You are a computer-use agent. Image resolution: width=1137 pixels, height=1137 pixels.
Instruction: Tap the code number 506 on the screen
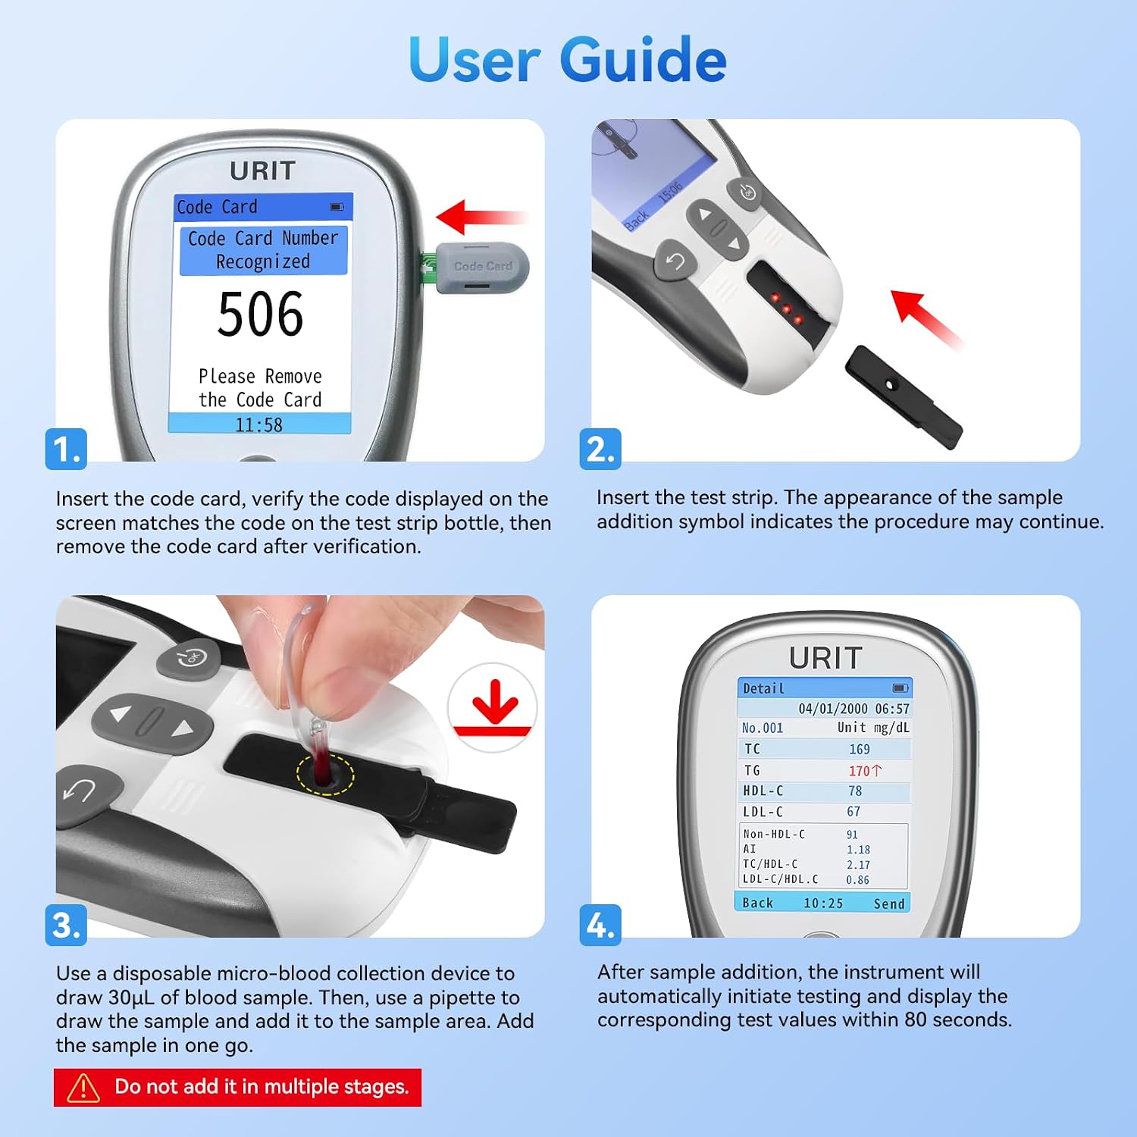(260, 314)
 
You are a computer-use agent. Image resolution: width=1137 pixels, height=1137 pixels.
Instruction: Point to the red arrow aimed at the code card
(482, 218)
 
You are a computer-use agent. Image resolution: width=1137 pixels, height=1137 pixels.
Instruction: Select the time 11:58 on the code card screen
(258, 424)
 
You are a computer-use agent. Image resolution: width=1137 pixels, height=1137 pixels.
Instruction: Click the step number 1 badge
(67, 449)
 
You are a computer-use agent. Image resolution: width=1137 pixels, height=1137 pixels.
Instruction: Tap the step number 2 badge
(600, 449)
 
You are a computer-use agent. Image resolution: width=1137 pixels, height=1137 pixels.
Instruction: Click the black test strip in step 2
(904, 396)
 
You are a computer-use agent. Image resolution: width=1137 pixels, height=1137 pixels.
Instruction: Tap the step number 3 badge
(67, 925)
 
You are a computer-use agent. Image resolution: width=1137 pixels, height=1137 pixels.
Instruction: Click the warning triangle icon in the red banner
(83, 1088)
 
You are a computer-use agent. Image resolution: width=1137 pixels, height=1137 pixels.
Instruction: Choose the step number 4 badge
(600, 925)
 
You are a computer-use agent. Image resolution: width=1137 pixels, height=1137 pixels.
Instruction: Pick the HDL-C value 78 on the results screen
(855, 791)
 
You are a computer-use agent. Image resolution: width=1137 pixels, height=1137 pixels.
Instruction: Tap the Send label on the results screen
(889, 903)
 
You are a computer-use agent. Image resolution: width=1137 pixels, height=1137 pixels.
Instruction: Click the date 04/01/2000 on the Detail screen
(833, 709)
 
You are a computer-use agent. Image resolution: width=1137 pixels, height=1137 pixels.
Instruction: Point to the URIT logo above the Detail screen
(825, 658)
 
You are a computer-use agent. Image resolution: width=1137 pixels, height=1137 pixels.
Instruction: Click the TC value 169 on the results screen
(860, 749)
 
